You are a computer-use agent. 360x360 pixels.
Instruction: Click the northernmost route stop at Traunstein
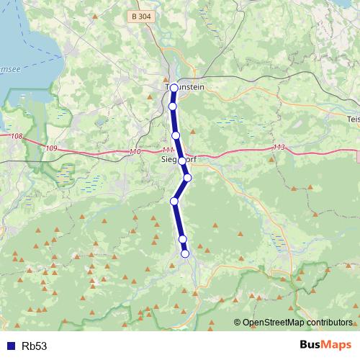pyautogui.click(x=174, y=88)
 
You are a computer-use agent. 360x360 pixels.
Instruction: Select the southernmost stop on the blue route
pyautogui.click(x=185, y=253)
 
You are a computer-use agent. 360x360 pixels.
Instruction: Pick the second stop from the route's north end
pyautogui.click(x=172, y=107)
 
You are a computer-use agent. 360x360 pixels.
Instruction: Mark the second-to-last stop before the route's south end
pyautogui.click(x=182, y=239)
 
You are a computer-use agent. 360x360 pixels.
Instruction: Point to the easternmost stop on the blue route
pyautogui.click(x=187, y=177)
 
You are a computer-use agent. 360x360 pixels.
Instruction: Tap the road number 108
pyautogui.click(x=17, y=135)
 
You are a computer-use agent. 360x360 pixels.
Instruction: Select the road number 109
pyautogui.click(x=50, y=148)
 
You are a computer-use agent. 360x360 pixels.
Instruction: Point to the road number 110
pyautogui.click(x=135, y=152)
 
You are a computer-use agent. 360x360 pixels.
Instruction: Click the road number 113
pyautogui.click(x=279, y=147)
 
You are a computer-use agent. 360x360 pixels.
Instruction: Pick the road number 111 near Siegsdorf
pyautogui.click(x=168, y=150)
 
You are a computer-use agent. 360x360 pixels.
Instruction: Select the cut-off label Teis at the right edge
pyautogui.click(x=353, y=119)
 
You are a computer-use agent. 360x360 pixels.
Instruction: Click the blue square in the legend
pyautogui.click(x=11, y=346)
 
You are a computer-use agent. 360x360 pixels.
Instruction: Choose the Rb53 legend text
pyautogui.click(x=35, y=346)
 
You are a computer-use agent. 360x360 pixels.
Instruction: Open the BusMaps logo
pyautogui.click(x=325, y=345)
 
